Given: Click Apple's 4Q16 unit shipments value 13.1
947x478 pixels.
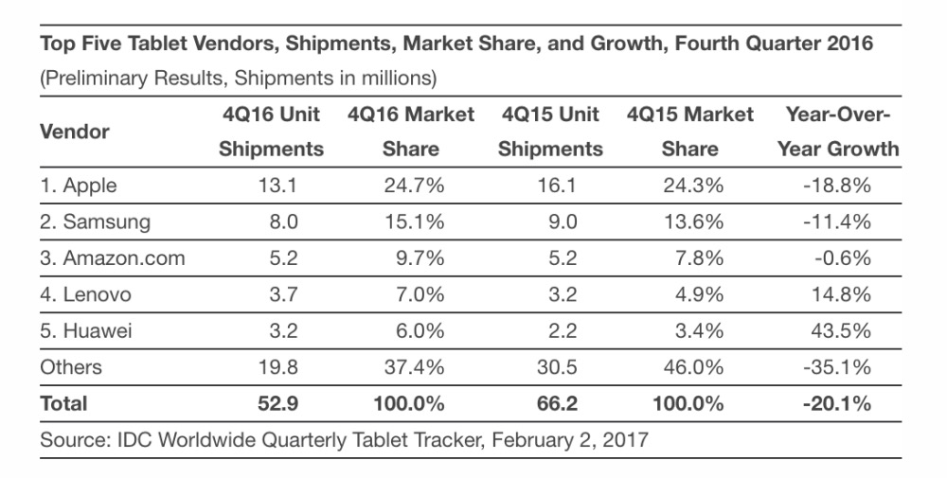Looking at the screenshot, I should click(277, 186).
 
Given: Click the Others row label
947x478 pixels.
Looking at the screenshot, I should click(70, 366).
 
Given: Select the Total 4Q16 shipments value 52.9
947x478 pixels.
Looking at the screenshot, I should click(277, 403).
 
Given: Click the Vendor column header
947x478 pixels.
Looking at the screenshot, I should click(75, 132).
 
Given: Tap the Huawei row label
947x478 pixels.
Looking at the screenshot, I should click(85, 330).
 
